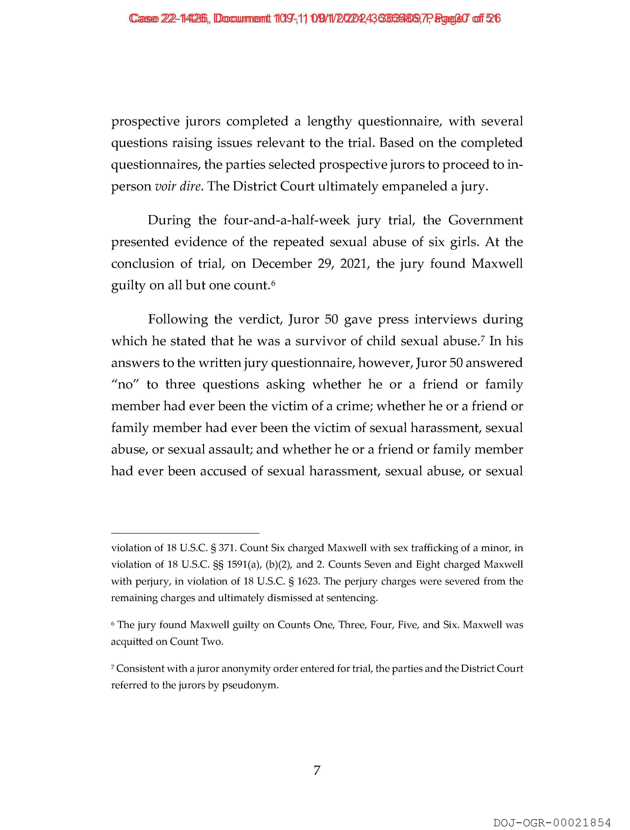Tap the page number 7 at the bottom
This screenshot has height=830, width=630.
tap(317, 770)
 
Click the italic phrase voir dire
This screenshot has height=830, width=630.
tap(177, 186)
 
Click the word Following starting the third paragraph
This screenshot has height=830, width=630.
tap(178, 319)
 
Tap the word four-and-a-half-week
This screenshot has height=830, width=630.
tap(287, 220)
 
